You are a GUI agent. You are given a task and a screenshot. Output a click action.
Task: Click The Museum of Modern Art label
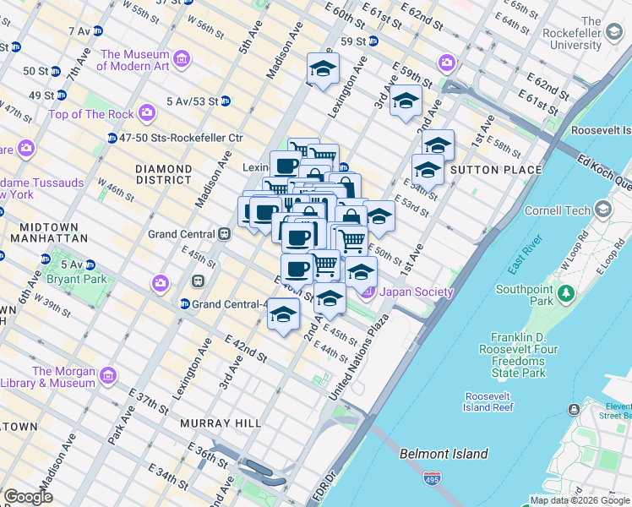[134, 60]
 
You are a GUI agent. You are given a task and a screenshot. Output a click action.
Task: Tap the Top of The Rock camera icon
[148, 112]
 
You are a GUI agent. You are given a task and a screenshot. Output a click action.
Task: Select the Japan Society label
[416, 292]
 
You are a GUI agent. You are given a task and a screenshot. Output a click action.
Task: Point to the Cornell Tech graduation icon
[602, 209]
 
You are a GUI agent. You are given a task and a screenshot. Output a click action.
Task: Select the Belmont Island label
[444, 454]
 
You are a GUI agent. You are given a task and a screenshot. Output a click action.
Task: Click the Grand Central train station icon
[224, 234]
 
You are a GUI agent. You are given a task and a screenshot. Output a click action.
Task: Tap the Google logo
[28, 497]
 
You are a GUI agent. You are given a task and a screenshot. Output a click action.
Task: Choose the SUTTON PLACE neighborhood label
[497, 170]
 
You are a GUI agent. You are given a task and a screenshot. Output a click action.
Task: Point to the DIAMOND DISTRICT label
[164, 174]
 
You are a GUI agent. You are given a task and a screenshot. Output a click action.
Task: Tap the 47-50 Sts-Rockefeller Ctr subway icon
[112, 138]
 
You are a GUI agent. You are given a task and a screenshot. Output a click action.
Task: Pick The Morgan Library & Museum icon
[107, 376]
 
